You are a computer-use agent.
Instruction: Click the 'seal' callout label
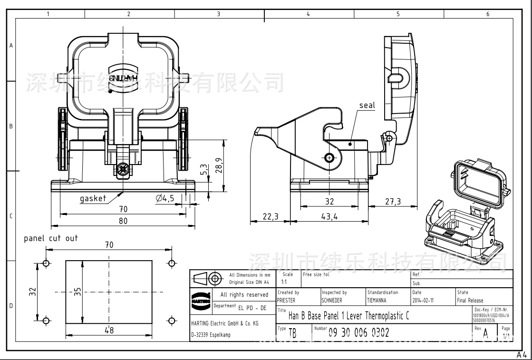(367, 105)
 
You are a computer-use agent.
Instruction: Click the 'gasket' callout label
(93, 199)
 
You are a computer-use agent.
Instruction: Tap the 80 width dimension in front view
(123, 221)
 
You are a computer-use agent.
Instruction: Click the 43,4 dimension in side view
(329, 216)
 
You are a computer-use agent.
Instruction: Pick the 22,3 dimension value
(270, 216)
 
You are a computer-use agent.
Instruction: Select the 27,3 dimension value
(393, 202)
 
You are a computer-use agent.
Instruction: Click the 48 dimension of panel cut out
(109, 330)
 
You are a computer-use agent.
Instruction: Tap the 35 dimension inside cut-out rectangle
(78, 291)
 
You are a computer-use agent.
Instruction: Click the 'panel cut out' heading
(51, 238)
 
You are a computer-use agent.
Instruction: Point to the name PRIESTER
(286, 301)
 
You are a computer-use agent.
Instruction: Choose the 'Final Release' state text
(470, 301)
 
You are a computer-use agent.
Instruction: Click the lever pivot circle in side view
(329, 157)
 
